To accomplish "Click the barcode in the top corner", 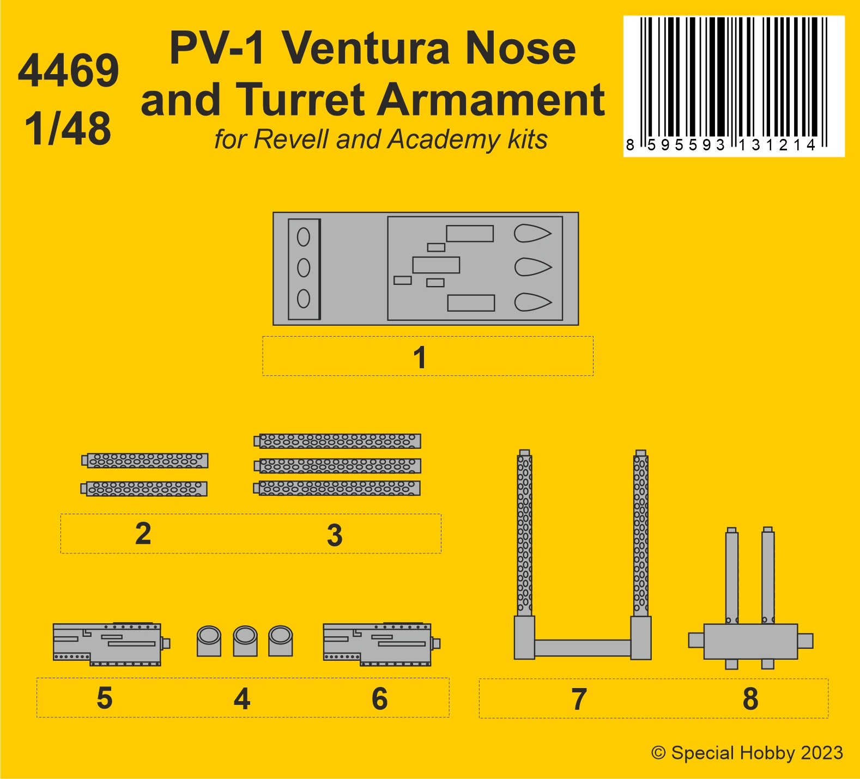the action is [734, 84].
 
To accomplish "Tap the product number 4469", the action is [68, 71].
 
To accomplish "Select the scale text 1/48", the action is [68, 129].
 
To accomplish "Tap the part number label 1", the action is [419, 357].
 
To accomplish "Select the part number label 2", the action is [143, 533].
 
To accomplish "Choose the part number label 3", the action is [335, 535].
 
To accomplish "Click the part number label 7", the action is [579, 699].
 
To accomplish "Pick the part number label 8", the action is [750, 699].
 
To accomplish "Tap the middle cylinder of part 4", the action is [245, 641].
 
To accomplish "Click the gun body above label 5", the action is [107, 644].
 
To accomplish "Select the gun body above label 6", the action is [378, 644].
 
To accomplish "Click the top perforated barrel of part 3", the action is [338, 441].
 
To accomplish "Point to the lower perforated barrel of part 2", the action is [145, 489].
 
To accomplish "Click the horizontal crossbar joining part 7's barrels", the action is [582, 648].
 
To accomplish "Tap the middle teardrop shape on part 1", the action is [532, 267].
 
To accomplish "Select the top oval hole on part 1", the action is [304, 237].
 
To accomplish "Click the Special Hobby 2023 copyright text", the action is [747, 753].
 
